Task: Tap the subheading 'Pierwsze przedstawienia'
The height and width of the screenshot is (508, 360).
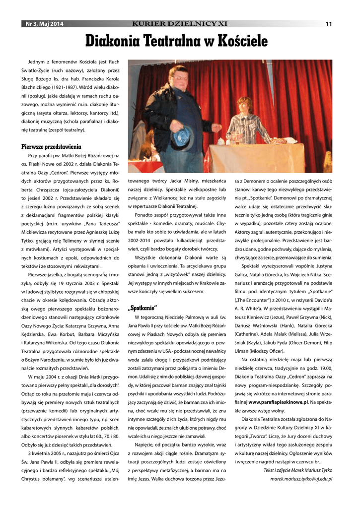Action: (x=51, y=147)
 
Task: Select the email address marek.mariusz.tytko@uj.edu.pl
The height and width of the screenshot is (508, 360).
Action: (x=301, y=479)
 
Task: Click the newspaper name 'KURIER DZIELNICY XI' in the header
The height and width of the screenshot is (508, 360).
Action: (x=180, y=24)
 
